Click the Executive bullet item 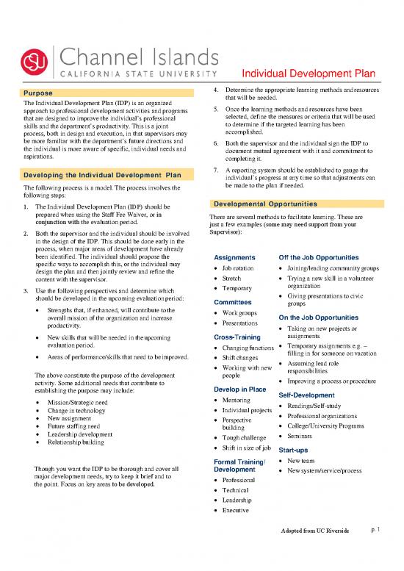[x=239, y=509]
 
